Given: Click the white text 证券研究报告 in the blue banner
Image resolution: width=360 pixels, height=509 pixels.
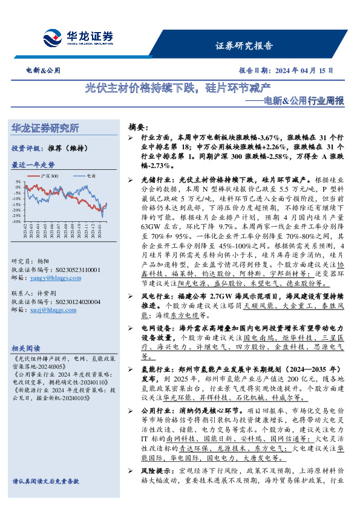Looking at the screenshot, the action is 244,46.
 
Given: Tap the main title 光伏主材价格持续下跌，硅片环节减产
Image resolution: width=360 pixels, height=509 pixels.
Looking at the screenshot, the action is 180,88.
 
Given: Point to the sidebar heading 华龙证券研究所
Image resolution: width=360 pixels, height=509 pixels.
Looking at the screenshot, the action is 45,128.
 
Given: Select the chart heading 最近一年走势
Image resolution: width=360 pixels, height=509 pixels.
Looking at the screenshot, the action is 32,164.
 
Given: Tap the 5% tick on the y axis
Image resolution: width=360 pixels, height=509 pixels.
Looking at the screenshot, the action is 18,181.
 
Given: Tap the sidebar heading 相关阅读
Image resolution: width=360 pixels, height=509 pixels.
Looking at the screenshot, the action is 26,349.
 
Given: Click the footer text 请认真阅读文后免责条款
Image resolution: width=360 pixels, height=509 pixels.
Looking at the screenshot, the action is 46,498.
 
